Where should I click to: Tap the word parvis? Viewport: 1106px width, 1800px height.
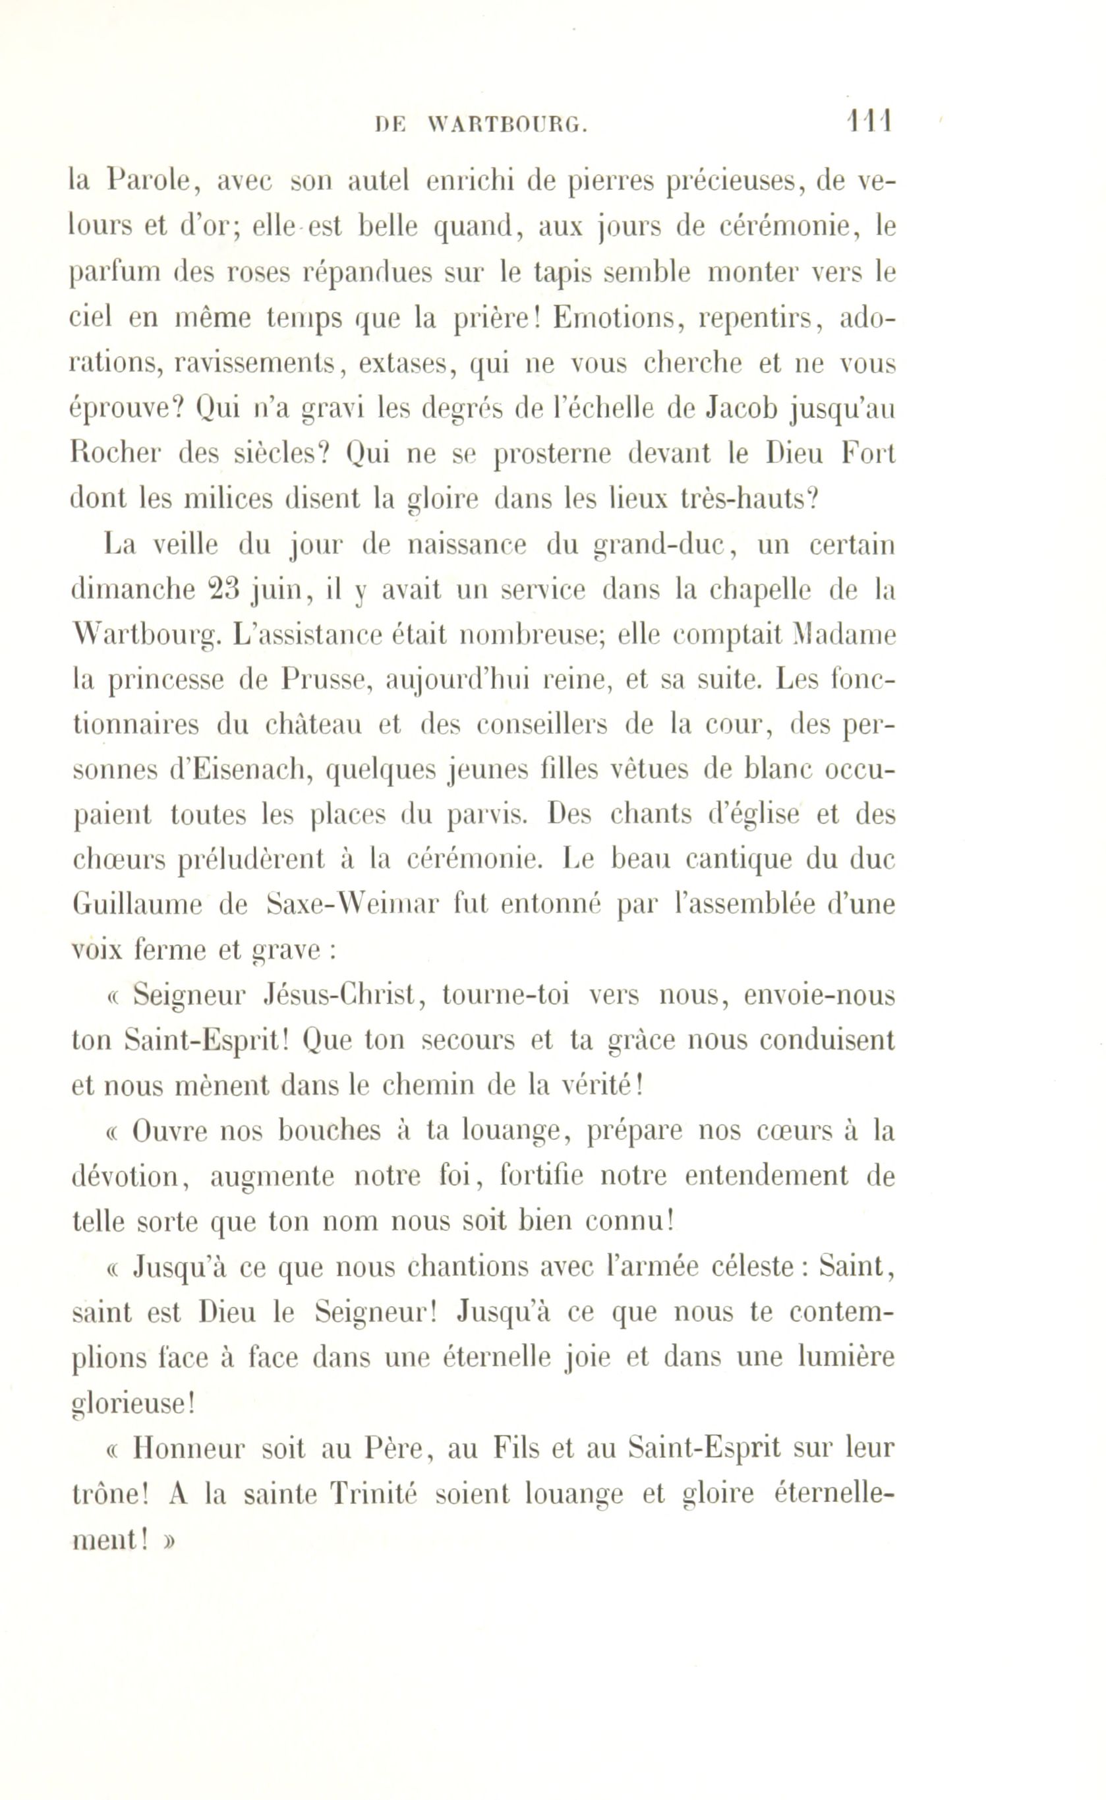pos(486,816)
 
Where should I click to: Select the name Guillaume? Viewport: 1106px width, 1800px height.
pos(136,906)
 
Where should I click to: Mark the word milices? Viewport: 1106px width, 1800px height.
pos(219,499)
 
